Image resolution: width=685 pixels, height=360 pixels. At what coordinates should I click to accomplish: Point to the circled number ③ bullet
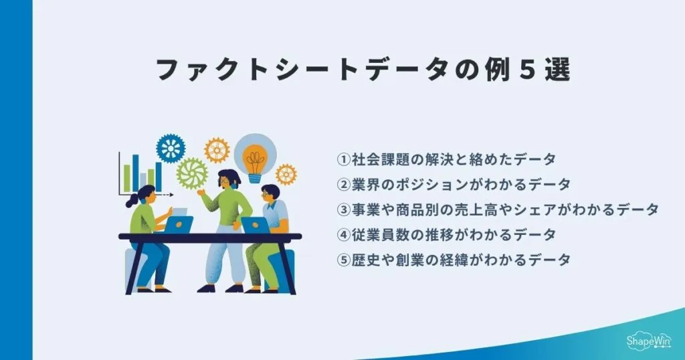[x=343, y=209]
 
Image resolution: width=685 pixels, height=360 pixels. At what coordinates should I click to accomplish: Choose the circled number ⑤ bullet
[x=343, y=260]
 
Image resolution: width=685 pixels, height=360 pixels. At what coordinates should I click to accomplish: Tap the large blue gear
[x=171, y=149]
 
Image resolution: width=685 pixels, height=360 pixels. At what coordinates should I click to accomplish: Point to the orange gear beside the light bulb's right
[x=286, y=174]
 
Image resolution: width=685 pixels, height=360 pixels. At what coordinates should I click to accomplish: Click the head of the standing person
[x=227, y=179]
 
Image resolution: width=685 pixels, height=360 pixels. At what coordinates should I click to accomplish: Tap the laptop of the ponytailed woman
[x=179, y=223]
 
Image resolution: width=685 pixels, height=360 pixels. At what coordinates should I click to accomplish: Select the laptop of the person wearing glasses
[x=255, y=226]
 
